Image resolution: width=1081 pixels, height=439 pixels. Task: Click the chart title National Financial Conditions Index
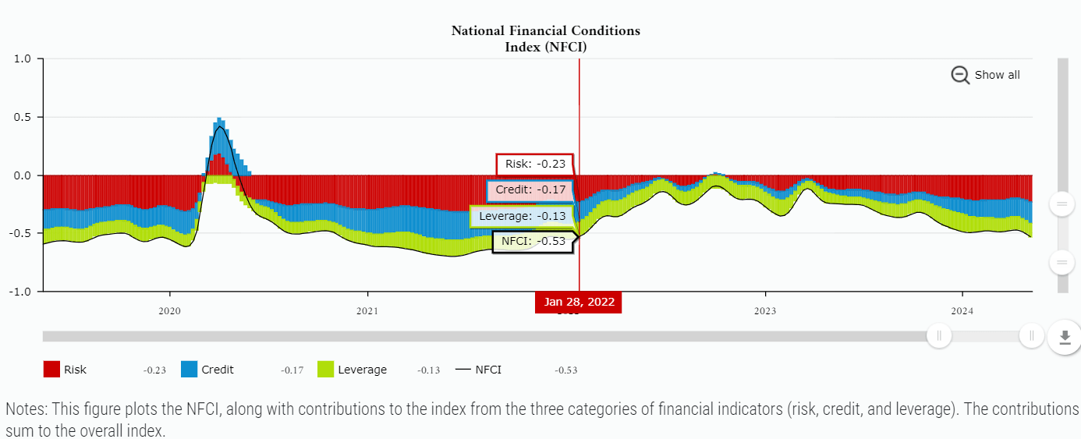pos(546,39)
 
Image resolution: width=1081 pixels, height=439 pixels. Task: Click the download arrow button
pos(1065,338)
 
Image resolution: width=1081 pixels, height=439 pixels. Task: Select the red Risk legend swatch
pos(51,370)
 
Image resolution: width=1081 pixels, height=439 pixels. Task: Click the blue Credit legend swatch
pos(189,370)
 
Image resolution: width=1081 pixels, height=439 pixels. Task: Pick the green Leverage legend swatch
pos(326,370)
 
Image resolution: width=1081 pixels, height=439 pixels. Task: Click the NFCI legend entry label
pos(487,370)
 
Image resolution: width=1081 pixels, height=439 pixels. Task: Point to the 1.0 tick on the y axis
pos(22,58)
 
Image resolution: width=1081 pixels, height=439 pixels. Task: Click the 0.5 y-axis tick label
pos(22,117)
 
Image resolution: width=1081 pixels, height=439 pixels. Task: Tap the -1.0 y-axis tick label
pos(20,292)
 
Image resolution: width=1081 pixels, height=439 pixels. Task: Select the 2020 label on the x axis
pos(169,311)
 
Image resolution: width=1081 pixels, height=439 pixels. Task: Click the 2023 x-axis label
pos(764,311)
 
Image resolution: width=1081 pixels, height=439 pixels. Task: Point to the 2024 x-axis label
pos(962,311)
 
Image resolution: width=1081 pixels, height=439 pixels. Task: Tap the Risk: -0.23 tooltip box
pos(534,165)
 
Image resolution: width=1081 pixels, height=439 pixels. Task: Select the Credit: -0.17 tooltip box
pos(530,190)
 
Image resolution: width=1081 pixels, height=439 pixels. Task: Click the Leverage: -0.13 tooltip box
pos(522,216)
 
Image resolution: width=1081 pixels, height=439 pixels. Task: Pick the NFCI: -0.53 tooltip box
pos(533,242)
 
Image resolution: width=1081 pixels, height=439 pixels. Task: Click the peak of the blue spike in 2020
pos(219,119)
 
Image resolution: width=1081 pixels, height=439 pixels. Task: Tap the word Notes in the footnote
pos(23,409)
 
